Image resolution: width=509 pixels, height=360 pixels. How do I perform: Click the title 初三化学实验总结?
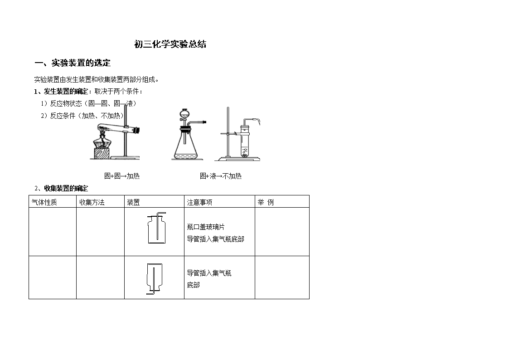[x=170, y=44]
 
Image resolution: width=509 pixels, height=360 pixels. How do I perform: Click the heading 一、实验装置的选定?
[x=73, y=63]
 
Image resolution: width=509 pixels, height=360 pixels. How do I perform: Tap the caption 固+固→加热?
[x=122, y=176]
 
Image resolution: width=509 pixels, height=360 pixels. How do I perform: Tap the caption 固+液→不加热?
[x=221, y=176]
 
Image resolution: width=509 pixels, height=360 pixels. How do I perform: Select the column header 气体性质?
[x=44, y=202]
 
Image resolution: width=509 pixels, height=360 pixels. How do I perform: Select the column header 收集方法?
[x=92, y=202]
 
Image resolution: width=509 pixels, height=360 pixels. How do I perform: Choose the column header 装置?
[x=133, y=202]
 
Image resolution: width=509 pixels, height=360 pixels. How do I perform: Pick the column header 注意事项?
[x=199, y=202]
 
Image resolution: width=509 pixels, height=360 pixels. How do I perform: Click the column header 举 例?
[x=266, y=202]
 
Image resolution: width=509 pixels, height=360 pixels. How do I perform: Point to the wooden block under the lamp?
[x=102, y=154]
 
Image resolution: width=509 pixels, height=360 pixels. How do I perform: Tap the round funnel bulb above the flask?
[x=184, y=114]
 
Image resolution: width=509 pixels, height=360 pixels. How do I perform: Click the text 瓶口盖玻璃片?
[x=206, y=227]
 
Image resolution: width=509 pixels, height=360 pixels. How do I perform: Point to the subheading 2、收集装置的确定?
[x=61, y=188]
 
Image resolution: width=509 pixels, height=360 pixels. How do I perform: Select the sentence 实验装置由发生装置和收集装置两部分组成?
[x=97, y=79]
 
